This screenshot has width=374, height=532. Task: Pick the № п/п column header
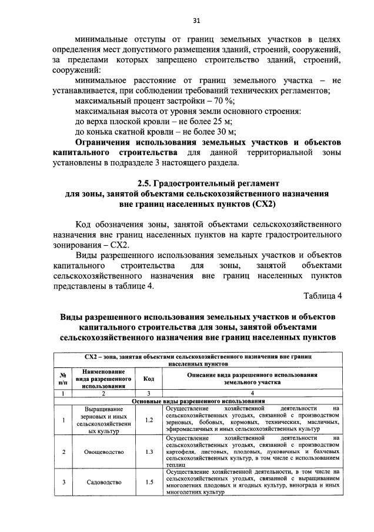pos(62,379)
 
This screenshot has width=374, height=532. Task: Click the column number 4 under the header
pos(252,393)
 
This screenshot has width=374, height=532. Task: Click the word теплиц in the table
pos(176,464)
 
